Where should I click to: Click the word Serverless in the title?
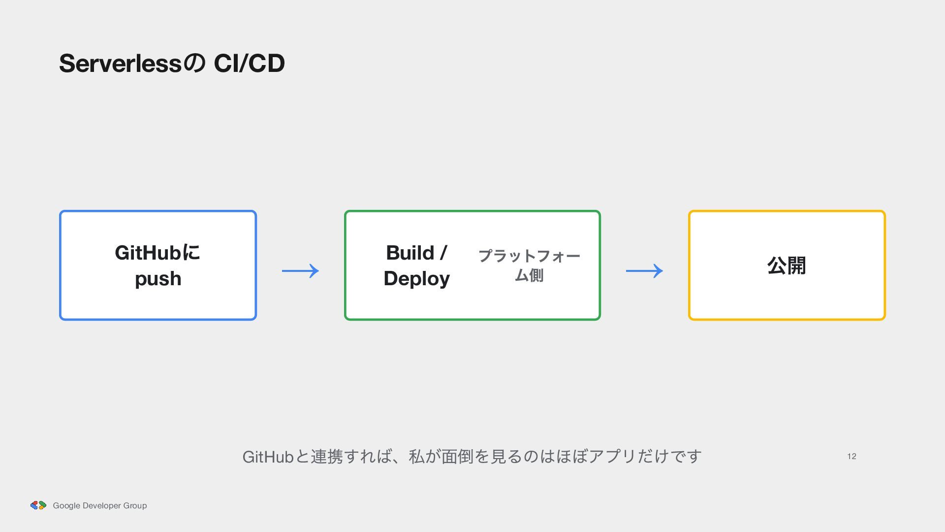(x=121, y=63)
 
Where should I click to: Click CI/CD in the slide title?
(x=249, y=63)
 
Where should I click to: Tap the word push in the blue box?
(x=158, y=279)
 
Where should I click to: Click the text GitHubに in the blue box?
(x=157, y=253)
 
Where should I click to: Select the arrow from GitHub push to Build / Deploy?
(x=300, y=270)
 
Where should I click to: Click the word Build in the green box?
(x=410, y=253)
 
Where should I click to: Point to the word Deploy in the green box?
(x=416, y=279)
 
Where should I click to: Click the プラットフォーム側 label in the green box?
(x=529, y=265)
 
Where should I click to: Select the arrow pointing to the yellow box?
(x=644, y=270)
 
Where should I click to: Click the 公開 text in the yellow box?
(x=787, y=266)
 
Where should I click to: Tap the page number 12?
(x=851, y=457)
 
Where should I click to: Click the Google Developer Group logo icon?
(x=38, y=505)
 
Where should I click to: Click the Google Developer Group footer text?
(x=100, y=505)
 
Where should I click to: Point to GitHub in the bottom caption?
(x=268, y=457)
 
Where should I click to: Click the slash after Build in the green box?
(x=443, y=253)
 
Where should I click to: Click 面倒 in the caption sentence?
(x=458, y=457)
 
